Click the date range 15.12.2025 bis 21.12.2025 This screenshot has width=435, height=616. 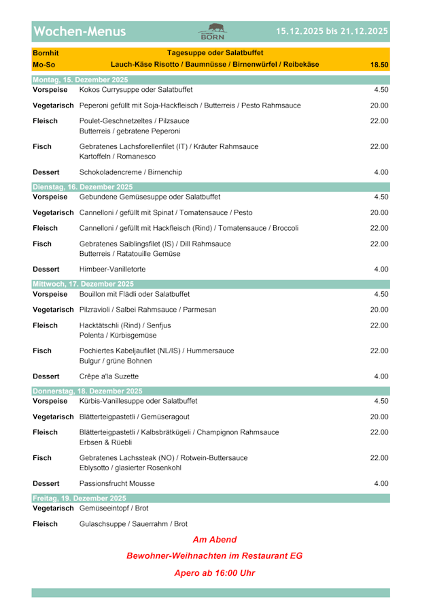pos(332,31)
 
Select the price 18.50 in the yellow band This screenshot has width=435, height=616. pos(379,65)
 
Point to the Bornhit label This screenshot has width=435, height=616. pos(46,52)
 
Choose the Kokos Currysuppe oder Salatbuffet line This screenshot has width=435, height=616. pos(136,89)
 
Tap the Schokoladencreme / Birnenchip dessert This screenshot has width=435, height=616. pos(130,172)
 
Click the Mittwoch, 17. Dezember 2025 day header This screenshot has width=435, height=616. pos(83,284)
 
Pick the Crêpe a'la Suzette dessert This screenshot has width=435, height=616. pos(109,376)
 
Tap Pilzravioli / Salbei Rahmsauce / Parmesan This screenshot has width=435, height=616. pos(147,310)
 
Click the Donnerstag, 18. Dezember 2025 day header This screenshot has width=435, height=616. pos(87,391)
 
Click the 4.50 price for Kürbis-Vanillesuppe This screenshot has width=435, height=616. pos(381,401)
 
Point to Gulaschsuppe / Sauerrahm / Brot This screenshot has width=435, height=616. pos(133,524)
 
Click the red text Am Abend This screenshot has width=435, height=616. pos(214,540)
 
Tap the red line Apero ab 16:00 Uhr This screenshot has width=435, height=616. pos(214,573)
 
